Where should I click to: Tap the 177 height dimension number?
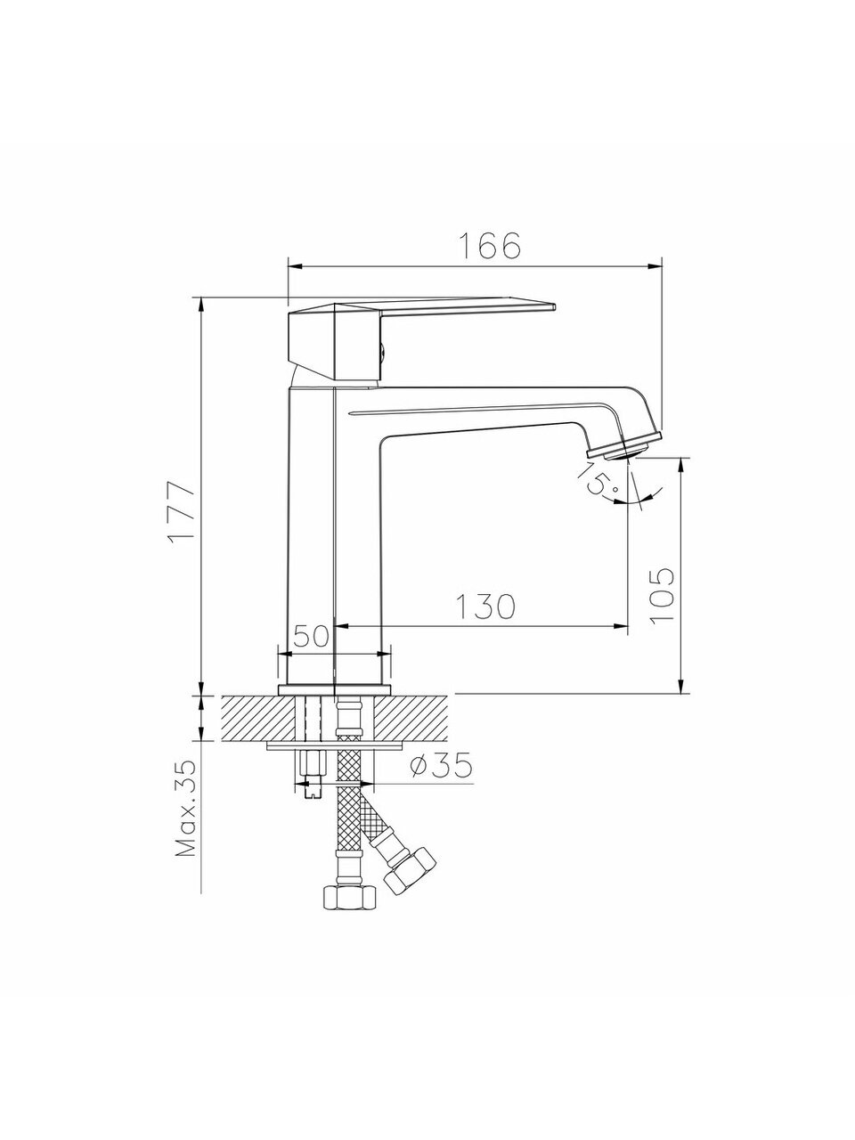tap(183, 510)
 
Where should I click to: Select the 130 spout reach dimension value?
tap(485, 606)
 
